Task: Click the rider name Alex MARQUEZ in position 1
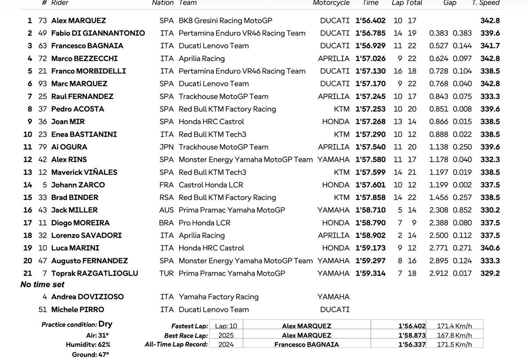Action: point(78,20)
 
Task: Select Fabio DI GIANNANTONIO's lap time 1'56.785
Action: point(370,33)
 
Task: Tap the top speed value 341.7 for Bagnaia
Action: point(490,46)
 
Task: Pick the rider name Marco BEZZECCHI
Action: point(84,58)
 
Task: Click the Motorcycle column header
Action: point(331,3)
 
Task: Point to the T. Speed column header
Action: point(485,3)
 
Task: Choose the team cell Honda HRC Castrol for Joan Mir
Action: point(211,122)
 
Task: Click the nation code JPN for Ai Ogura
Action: point(167,147)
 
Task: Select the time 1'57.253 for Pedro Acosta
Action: point(370,109)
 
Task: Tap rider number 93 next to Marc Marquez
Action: point(43,84)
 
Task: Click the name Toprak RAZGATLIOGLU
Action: point(94,273)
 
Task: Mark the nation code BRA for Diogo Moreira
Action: point(166,223)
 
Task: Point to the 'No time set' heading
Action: point(42,284)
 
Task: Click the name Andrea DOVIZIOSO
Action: point(87,297)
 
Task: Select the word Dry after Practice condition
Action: point(105,324)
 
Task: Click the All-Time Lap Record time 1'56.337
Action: point(411,345)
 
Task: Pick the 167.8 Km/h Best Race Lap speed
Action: point(454,335)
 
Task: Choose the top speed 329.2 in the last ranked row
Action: point(490,273)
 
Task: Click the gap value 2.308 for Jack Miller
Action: point(439,210)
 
